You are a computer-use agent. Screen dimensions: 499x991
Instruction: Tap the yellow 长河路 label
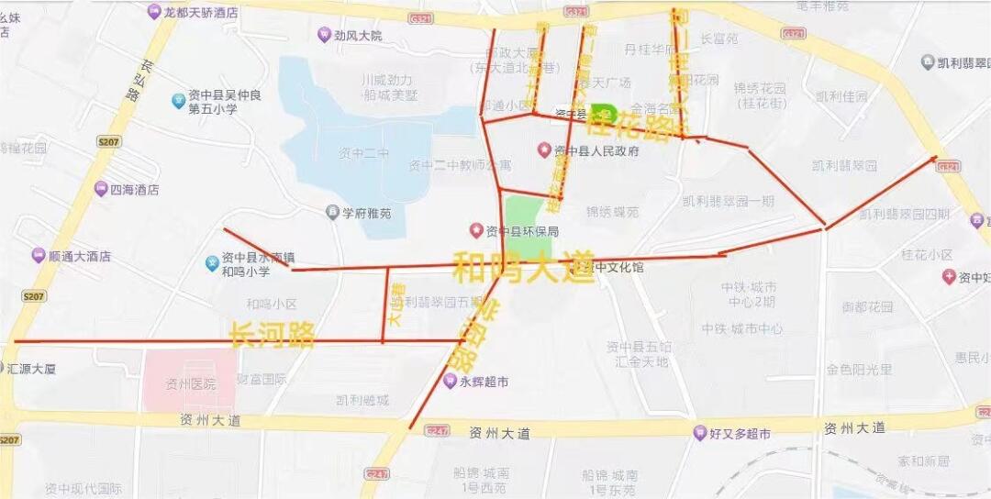(x=273, y=334)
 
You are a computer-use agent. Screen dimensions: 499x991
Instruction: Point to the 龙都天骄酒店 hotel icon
(x=153, y=11)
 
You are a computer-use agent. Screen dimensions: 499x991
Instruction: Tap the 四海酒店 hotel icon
(x=100, y=190)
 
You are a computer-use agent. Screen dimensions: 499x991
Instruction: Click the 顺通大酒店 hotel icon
(x=38, y=256)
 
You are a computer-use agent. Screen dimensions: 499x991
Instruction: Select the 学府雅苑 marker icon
(x=333, y=213)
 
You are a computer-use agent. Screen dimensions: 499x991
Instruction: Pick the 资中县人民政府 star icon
(x=544, y=150)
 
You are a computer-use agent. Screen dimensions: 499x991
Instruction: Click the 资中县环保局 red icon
(x=475, y=230)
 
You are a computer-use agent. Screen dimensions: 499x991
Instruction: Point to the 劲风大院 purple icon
(x=323, y=35)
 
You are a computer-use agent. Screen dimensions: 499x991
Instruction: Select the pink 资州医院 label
(x=190, y=383)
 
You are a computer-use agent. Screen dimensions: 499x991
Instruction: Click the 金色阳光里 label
(x=859, y=369)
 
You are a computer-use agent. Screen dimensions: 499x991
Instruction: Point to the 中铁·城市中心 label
(x=742, y=327)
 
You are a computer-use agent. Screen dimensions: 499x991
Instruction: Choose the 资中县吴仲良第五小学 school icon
(x=178, y=101)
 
